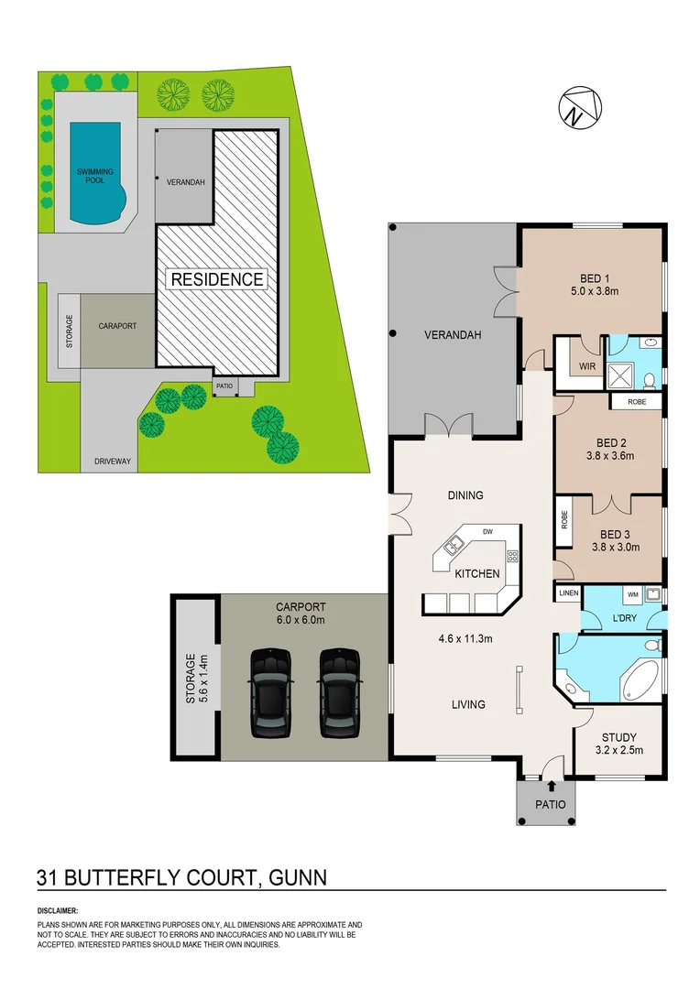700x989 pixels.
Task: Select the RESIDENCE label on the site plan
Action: click(215, 279)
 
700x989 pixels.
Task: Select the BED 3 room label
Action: click(615, 534)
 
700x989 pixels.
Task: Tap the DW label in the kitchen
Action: click(487, 531)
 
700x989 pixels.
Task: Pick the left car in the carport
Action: click(272, 692)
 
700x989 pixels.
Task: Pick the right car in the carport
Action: click(338, 692)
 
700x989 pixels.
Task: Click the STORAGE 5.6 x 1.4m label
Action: click(191, 677)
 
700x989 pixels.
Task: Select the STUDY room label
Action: click(619, 737)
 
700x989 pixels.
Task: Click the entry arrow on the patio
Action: click(552, 785)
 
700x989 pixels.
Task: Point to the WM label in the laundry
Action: click(632, 594)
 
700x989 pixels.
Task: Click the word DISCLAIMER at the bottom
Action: click(58, 911)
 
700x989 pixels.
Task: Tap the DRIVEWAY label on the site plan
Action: click(113, 462)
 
